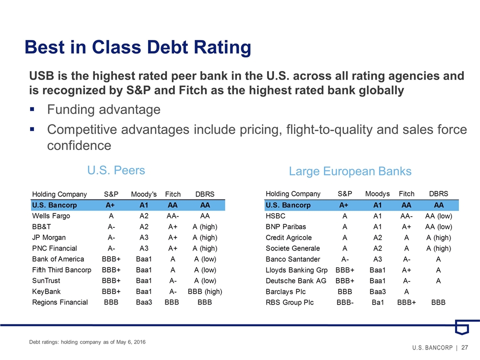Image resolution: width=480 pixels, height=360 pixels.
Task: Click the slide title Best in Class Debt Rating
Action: [137, 47]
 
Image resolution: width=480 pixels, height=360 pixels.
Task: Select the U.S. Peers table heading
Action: [116, 170]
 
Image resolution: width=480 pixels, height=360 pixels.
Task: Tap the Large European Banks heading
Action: [350, 171]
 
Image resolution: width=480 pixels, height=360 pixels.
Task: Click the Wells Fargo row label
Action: [51, 216]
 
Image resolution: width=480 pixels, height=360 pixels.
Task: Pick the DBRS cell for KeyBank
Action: [204, 291]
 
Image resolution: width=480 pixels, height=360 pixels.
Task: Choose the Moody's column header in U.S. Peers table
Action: [144, 193]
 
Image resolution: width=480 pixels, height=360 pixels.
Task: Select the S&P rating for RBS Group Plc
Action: [344, 302]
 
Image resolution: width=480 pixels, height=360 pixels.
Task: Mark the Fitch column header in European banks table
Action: [406, 193]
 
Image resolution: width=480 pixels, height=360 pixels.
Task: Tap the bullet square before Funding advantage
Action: [32, 109]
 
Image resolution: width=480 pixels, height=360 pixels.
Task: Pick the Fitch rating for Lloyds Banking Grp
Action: [406, 269]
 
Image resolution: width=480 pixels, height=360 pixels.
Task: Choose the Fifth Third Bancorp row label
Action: [61, 269]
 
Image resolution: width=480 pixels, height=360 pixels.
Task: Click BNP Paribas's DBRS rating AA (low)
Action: [439, 226]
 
